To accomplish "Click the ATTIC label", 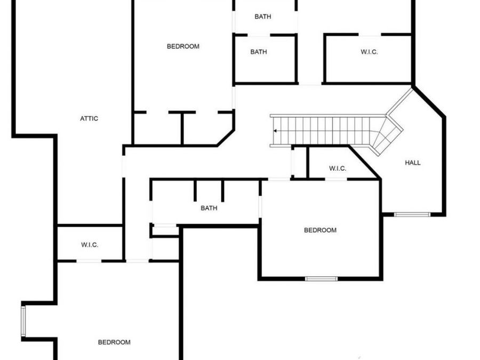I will pos(89,118).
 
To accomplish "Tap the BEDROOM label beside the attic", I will pos(183,46).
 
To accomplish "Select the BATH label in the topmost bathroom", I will pos(262,17).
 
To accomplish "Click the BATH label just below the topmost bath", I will pos(259,52).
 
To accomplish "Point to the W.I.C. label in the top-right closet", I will pos(369,52).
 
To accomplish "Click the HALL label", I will pos(413,163).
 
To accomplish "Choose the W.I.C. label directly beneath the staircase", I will pos(338,169).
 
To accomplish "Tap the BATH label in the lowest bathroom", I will pos(209,208).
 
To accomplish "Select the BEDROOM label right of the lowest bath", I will pos(320,230).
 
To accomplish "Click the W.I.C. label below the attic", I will pos(90,245).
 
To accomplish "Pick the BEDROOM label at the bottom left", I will pos(114,342).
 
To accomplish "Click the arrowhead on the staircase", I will pos(275,131).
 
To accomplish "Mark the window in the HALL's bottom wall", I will pos(412,214).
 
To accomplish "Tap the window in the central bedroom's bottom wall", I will pos(321,278).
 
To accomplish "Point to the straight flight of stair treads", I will pos(325,131).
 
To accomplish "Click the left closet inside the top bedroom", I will pos(158,129).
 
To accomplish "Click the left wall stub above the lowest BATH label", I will pos(195,190).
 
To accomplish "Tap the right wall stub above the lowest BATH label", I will pos(222,190).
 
